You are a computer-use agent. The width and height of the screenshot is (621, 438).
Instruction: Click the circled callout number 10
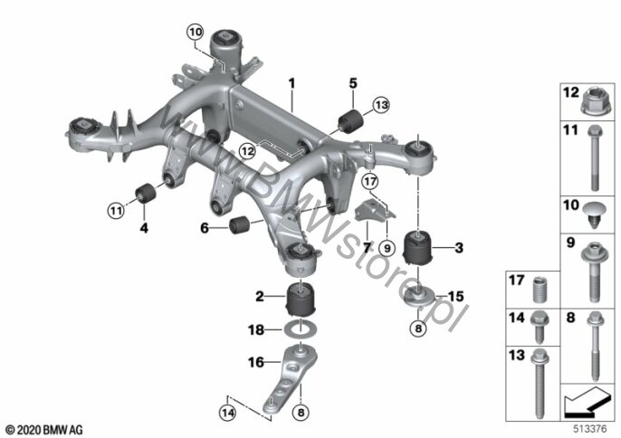pos(196,32)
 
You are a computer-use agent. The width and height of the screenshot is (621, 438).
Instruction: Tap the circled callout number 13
pos(381,105)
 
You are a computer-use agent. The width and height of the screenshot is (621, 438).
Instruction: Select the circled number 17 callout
pos(370,182)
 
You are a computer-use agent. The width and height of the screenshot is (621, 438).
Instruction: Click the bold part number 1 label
pos(291,83)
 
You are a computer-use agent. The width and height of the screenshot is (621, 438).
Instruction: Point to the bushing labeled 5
pos(350,120)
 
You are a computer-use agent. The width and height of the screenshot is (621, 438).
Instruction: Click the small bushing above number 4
pos(146,193)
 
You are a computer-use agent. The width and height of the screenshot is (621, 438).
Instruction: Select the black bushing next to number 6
pos(239,224)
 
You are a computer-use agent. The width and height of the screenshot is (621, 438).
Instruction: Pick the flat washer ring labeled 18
pos(301,329)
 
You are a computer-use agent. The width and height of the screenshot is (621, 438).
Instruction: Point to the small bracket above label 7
pos(375,211)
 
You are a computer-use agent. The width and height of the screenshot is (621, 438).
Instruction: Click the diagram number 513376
pos(590,429)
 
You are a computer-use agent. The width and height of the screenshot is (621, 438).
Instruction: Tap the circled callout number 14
pos(228,413)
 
